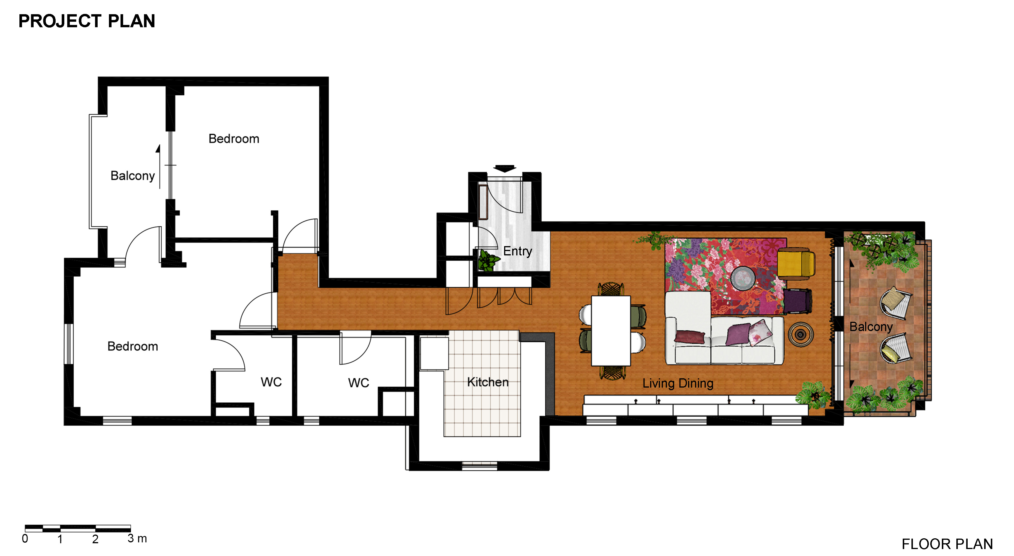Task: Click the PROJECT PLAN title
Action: [87, 21]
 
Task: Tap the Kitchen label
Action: [488, 382]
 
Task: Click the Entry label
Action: [518, 251]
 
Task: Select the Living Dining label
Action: [678, 383]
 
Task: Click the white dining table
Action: [611, 331]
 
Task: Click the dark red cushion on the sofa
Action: [690, 337]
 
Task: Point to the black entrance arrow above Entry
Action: [505, 168]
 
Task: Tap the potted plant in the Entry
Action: [488, 260]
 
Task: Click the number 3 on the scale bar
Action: [131, 538]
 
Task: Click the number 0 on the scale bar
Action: [25, 539]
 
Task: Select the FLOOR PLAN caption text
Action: [947, 544]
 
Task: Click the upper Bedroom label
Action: [234, 139]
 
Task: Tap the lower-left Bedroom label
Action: [133, 346]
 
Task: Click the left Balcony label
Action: [133, 176]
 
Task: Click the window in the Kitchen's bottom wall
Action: [479, 466]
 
